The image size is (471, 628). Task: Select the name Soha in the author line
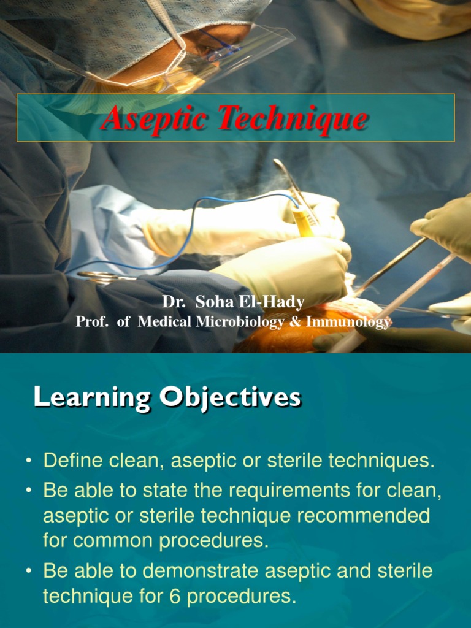(213, 302)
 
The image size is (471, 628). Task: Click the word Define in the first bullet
(72, 462)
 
